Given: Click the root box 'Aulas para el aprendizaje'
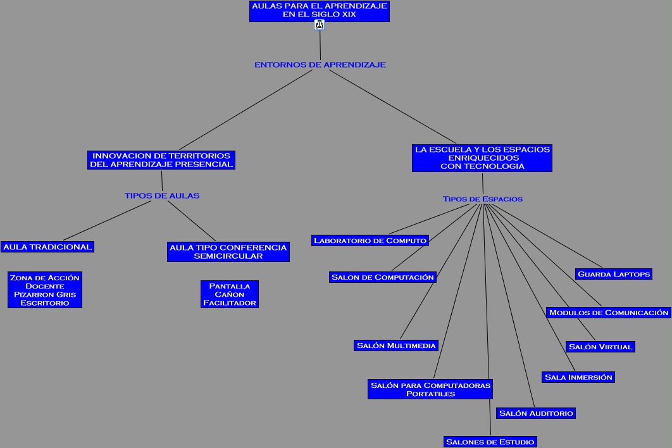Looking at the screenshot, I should point(319,11).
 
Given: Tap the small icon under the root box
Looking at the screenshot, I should point(319,25).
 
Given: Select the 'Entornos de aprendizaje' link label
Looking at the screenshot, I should point(320,65).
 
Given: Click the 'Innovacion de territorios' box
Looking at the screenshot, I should point(161,160).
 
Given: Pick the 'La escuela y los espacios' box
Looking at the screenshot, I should point(482,158).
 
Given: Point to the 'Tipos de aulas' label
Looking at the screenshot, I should point(162,196).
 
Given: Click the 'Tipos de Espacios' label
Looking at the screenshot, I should point(483,199).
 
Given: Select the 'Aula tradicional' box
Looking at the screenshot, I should point(47,247).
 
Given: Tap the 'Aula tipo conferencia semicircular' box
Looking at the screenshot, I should point(228,252).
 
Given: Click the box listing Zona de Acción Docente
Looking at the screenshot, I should point(45,290).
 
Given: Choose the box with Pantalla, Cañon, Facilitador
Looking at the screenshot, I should point(230,294).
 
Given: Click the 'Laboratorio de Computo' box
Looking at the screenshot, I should point(370,240).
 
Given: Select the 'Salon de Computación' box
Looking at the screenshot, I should point(383,277).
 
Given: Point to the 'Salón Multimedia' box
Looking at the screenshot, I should point(397,345).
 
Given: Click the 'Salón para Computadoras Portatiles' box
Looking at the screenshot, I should point(430,389).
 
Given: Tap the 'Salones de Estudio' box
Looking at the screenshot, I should point(490,442).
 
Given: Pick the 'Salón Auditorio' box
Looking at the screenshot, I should point(536,413).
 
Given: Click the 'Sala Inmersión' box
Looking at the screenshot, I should point(578,377).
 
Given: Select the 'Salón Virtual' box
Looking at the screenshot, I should point(600,347).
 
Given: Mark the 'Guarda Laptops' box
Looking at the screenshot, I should point(614,274).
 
